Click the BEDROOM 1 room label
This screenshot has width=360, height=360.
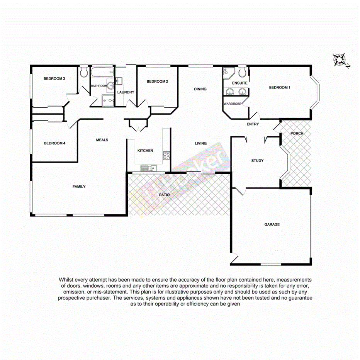click(x=279, y=88)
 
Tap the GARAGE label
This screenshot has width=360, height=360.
click(x=272, y=224)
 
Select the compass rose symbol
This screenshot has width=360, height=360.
click(x=340, y=60)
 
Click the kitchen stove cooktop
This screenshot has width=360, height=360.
click(x=167, y=156)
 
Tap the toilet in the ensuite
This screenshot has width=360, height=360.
click(x=243, y=72)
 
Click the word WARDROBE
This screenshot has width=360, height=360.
click(x=232, y=104)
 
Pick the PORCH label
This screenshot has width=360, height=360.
click(x=297, y=134)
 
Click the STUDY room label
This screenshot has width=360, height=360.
click(x=257, y=160)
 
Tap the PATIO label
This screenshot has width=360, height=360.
click(x=165, y=195)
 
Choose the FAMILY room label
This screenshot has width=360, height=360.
click(x=79, y=187)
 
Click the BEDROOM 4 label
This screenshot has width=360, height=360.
click(x=54, y=143)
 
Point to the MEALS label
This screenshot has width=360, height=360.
click(x=102, y=140)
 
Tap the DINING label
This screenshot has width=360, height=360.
click(x=200, y=89)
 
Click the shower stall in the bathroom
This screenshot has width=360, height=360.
click(x=108, y=100)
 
